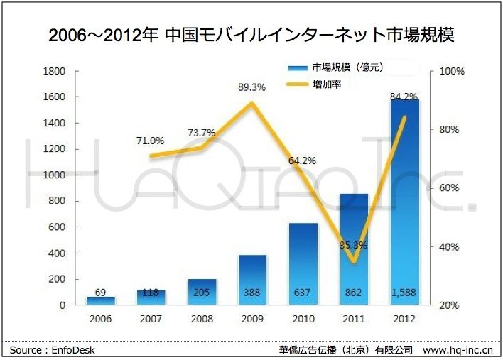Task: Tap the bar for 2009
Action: pos(252,280)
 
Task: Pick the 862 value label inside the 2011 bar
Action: pos(354,292)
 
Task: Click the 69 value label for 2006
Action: pos(100,292)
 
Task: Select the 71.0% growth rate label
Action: pos(150,141)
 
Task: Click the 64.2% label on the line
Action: pos(302,160)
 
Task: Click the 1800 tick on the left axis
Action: pos(55,71)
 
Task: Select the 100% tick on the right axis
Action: pos(453,71)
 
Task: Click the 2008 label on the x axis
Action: pos(201,319)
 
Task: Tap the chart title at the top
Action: pos(251,34)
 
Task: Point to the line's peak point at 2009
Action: pos(252,104)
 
